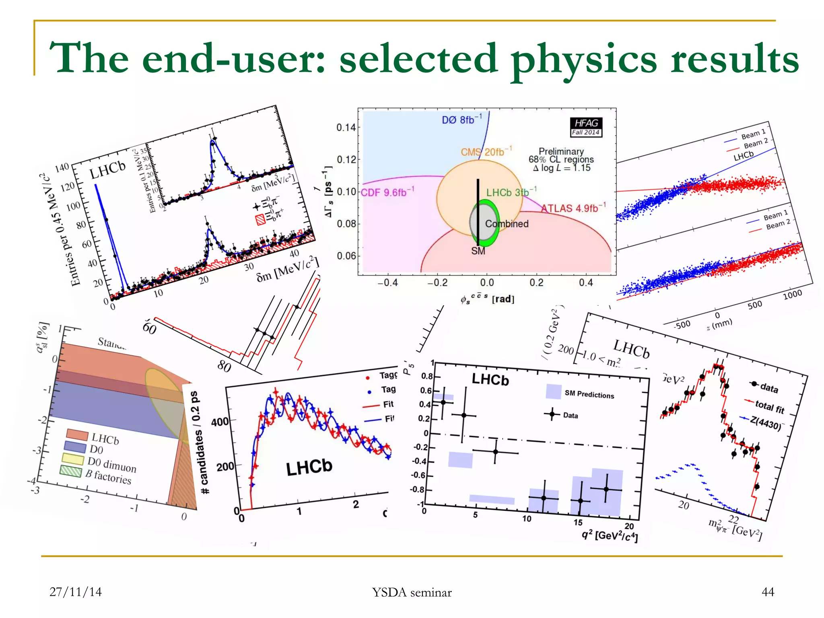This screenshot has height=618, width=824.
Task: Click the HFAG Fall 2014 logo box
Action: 586,127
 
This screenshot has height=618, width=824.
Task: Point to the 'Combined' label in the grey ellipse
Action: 507,224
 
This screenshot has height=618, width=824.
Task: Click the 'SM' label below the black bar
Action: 478,251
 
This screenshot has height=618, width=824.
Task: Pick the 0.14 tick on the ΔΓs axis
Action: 346,128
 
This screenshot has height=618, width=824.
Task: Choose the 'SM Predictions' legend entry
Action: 589,394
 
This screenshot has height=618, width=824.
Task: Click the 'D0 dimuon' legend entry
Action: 111,464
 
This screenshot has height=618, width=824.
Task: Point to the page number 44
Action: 768,592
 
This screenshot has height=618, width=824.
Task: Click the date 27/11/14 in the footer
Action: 76,592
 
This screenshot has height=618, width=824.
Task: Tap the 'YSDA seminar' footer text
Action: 412,592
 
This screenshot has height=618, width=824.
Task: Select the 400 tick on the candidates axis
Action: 220,422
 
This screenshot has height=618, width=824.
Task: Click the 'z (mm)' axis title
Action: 719,324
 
